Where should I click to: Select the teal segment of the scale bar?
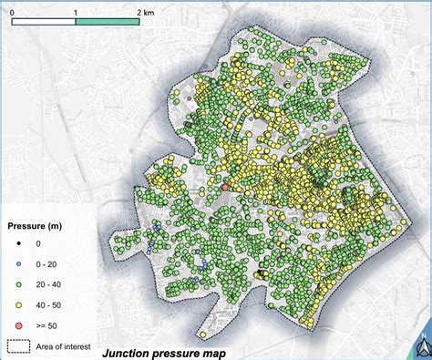click(107, 19)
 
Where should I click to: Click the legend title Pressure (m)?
click(40, 224)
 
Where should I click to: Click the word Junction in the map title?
click(129, 353)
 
